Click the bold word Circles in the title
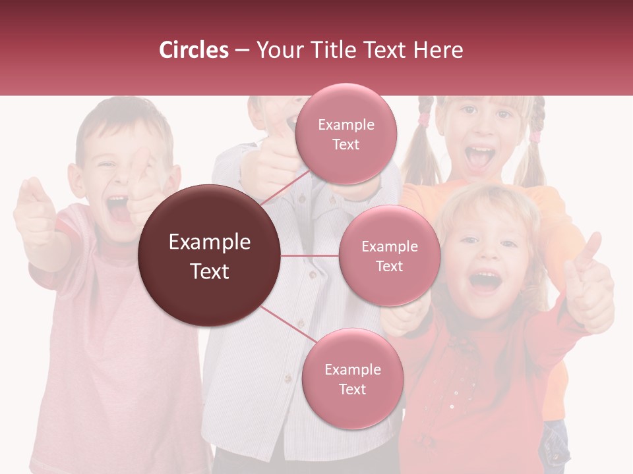[194, 50]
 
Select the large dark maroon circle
[210, 255]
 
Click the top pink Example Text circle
[346, 134]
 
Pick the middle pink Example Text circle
[389, 255]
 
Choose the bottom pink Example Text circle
[352, 379]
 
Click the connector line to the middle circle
[310, 255]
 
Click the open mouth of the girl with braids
[479, 159]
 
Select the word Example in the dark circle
[210, 242]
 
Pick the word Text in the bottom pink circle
[352, 389]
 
